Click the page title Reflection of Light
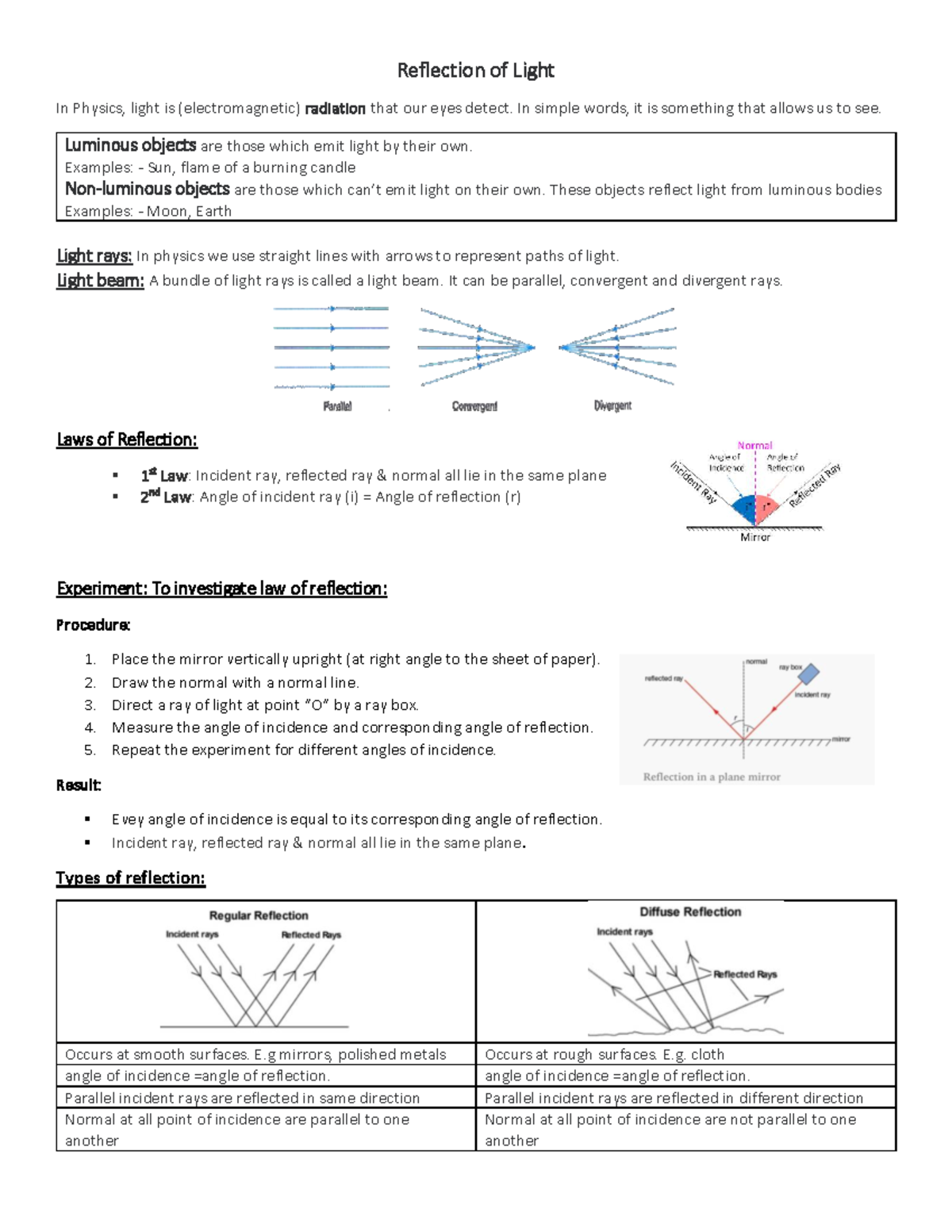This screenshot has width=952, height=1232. [475, 71]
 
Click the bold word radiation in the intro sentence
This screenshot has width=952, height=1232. [335, 109]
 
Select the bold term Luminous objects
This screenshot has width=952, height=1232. [130, 145]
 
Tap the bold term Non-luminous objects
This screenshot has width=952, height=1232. [147, 189]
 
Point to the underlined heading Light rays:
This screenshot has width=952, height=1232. [94, 255]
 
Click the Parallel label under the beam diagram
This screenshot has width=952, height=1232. [337, 406]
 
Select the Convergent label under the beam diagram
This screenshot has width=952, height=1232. [474, 406]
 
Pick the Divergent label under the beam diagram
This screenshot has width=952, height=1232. [612, 405]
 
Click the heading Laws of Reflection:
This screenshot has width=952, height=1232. [127, 439]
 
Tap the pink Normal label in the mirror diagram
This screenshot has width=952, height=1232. [754, 446]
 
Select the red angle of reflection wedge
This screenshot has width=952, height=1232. [766, 508]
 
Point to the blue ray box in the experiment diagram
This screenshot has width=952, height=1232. [808, 674]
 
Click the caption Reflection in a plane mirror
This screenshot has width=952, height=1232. [712, 777]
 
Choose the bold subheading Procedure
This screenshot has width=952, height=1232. [93, 625]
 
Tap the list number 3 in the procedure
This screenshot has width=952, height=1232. [90, 705]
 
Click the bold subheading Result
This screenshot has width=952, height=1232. [78, 785]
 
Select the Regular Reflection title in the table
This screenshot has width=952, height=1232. [259, 915]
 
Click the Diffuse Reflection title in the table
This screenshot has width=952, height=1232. [690, 912]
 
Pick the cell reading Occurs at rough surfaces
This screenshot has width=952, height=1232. [605, 1054]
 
